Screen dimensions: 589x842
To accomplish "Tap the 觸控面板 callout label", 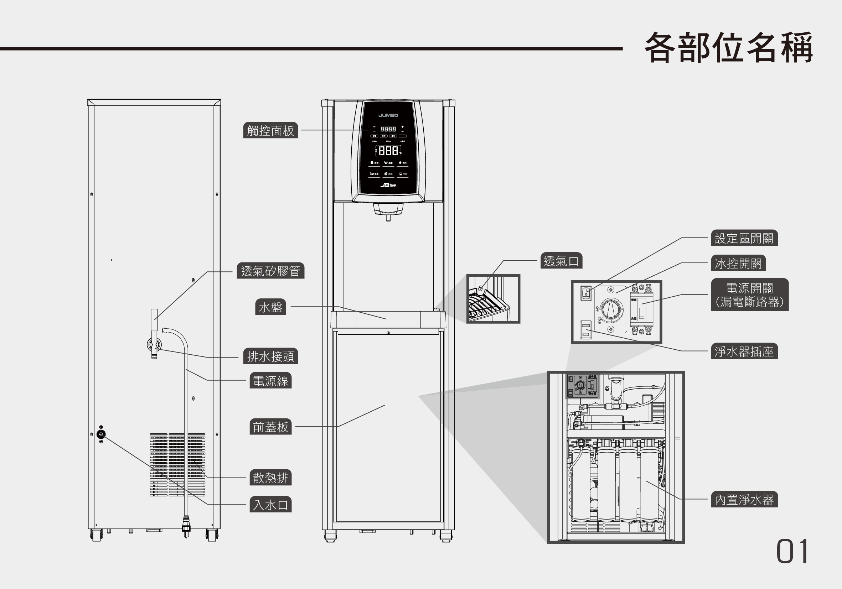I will [x=270, y=130].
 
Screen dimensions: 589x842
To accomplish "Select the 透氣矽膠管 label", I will [x=270, y=271].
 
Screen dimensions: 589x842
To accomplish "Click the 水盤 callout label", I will [x=270, y=307].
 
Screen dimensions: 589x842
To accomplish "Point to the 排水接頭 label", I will [x=270, y=356].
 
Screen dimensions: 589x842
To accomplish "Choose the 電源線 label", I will [x=270, y=381].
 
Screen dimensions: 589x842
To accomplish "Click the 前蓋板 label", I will [x=270, y=427].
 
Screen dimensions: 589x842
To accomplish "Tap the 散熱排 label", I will [x=270, y=478].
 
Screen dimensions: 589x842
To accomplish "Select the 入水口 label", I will [x=270, y=504].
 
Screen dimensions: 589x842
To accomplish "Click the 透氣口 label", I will [x=561, y=261].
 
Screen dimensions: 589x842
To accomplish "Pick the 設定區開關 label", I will [x=744, y=238].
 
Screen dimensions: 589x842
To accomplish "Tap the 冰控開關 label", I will [x=738, y=263].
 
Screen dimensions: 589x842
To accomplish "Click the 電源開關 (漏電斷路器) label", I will [x=750, y=295].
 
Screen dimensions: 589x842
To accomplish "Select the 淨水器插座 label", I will [x=744, y=351].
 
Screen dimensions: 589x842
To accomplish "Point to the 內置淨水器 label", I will [x=744, y=499].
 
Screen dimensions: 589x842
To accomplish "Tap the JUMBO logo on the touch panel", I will [x=388, y=115].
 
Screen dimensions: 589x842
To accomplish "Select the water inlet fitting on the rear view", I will [x=101, y=434].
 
